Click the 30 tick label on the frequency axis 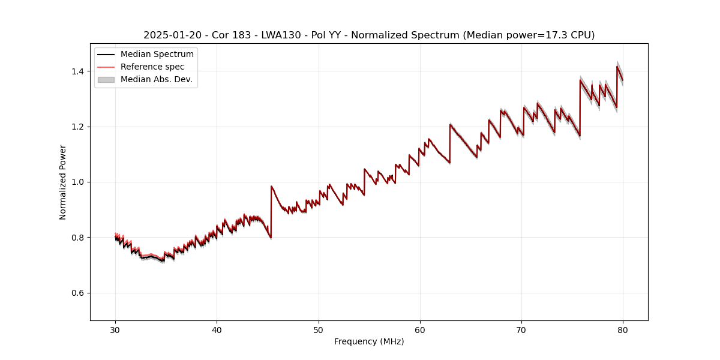pyautogui.click(x=115, y=329)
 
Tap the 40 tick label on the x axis pyautogui.click(x=217, y=329)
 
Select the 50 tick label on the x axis pyautogui.click(x=319, y=329)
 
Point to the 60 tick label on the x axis pyautogui.click(x=420, y=329)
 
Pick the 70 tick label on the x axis pyautogui.click(x=521, y=329)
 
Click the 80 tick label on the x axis pyautogui.click(x=623, y=329)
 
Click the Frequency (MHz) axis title pyautogui.click(x=369, y=341)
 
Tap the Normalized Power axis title pyautogui.click(x=63, y=182)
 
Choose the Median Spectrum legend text pyautogui.click(x=157, y=55)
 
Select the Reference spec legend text pyautogui.click(x=152, y=67)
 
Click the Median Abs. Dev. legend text pyautogui.click(x=157, y=79)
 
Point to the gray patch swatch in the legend pyautogui.click(x=106, y=79)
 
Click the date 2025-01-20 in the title pyautogui.click(x=169, y=35)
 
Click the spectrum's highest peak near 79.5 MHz pyautogui.click(x=617, y=66)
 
